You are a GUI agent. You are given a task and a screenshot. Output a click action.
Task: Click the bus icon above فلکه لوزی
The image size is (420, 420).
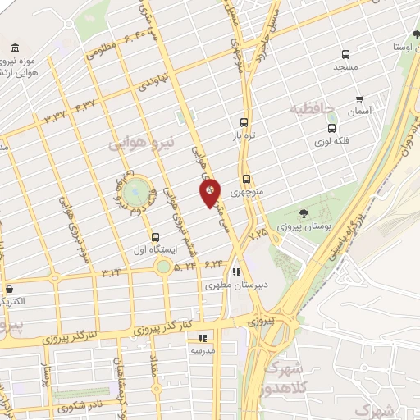[x=331, y=128]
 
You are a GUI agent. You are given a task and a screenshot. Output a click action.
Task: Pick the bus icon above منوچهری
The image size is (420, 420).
[x=246, y=179]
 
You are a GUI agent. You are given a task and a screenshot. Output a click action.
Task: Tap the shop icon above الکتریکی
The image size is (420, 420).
[x=9, y=289]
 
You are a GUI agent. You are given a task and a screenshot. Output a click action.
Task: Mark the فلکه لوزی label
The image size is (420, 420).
[x=331, y=141]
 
